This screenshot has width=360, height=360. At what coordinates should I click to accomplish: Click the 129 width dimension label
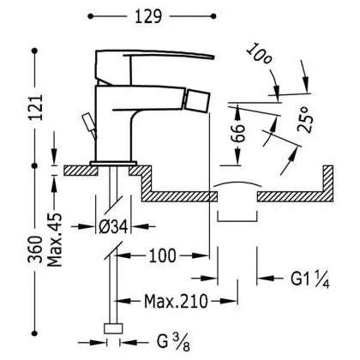(148, 16)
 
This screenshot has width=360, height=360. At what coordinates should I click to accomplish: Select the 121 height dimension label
(37, 107)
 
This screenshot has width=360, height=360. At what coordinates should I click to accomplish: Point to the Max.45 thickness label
(54, 240)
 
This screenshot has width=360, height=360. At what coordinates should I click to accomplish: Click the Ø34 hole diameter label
(113, 227)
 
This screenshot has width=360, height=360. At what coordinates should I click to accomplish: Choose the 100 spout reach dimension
(162, 255)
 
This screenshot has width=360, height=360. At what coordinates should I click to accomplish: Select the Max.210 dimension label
(176, 301)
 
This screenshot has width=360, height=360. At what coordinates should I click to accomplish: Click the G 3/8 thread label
(173, 342)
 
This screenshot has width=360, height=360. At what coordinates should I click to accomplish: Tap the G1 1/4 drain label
(310, 279)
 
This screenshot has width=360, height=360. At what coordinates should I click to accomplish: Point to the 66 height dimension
(238, 133)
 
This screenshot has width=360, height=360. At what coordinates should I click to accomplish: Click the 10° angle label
(259, 55)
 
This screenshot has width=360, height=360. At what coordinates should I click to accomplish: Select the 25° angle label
(304, 119)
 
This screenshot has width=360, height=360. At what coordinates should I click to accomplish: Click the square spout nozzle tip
(199, 100)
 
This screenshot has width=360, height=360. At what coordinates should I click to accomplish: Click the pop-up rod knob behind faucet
(87, 122)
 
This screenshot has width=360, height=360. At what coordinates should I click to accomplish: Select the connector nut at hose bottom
(113, 328)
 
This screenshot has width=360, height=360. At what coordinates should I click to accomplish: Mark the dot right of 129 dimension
(213, 16)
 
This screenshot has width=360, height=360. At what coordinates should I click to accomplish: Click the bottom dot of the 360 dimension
(35, 333)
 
